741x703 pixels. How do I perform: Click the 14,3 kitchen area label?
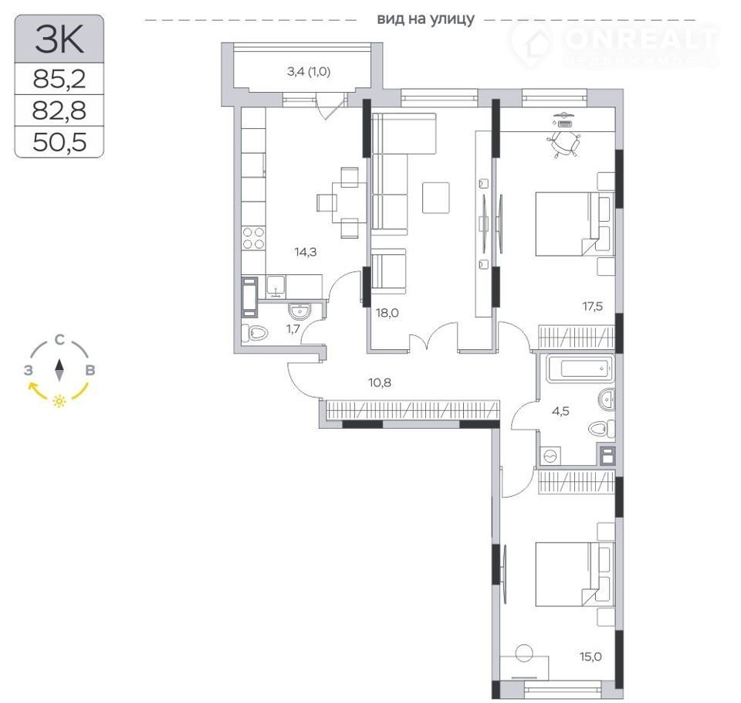tap(306, 252)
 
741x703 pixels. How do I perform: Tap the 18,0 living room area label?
tap(387, 313)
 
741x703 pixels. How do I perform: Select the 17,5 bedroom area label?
tap(592, 307)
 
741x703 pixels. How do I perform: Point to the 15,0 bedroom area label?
tap(590, 657)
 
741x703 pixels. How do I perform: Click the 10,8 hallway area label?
tap(380, 382)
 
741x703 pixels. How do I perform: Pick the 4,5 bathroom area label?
tap(560, 411)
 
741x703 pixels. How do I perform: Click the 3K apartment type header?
tap(59, 39)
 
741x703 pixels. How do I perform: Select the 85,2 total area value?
tap(59, 79)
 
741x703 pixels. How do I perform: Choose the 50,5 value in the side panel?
tap(59, 142)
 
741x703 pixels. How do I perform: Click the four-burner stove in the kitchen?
tap(253, 238)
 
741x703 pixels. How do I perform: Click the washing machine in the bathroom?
tap(550, 456)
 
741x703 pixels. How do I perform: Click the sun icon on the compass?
tap(59, 401)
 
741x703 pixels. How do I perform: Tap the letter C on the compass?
tap(59, 340)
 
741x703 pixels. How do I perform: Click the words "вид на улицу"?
tap(425, 19)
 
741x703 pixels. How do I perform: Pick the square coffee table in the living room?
tap(435, 198)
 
